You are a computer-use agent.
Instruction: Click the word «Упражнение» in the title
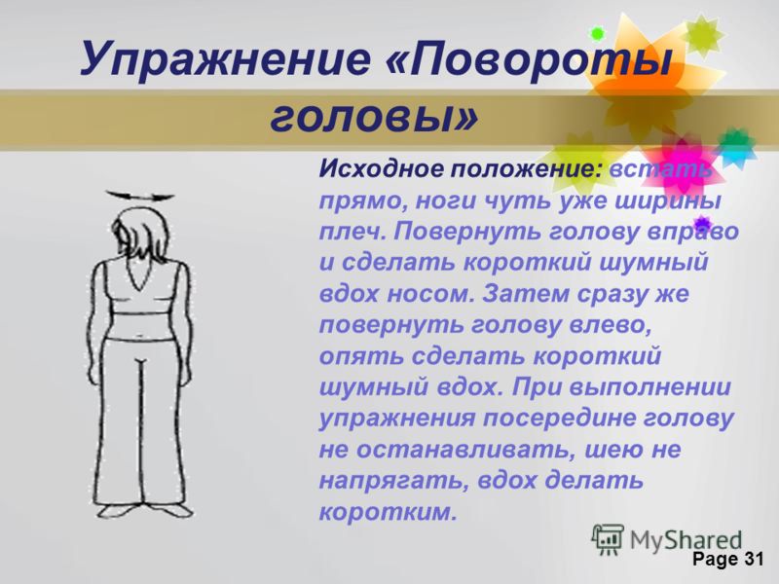coord(225,58)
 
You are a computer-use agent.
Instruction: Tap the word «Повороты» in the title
coord(529,58)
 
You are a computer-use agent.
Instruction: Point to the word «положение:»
coord(526,169)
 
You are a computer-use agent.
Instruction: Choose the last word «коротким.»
coord(387,512)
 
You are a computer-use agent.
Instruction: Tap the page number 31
coord(753,559)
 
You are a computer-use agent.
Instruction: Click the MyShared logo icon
coord(608,539)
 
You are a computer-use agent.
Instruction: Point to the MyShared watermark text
coord(686,540)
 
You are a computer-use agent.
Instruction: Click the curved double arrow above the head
coord(140,196)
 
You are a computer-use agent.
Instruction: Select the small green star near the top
coord(597,34)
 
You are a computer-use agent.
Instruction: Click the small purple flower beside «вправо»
coord(701,225)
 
